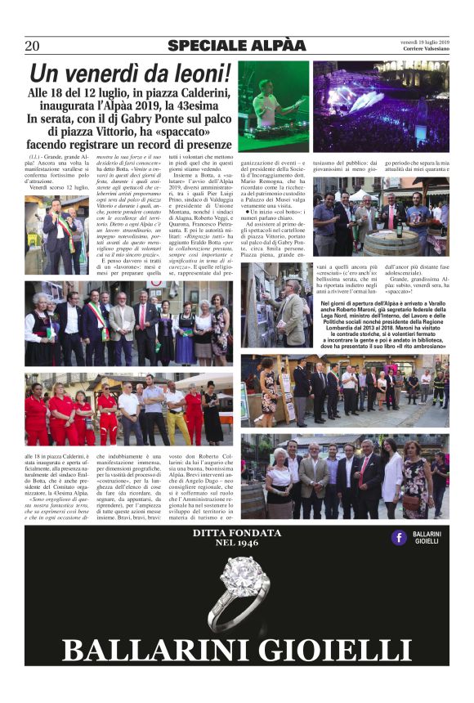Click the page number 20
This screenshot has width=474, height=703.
(x=32, y=46)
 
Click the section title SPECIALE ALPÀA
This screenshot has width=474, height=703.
(x=230, y=46)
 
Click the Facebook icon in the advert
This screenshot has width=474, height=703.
(x=399, y=537)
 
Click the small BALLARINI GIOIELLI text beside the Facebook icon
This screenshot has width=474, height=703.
(x=427, y=537)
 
